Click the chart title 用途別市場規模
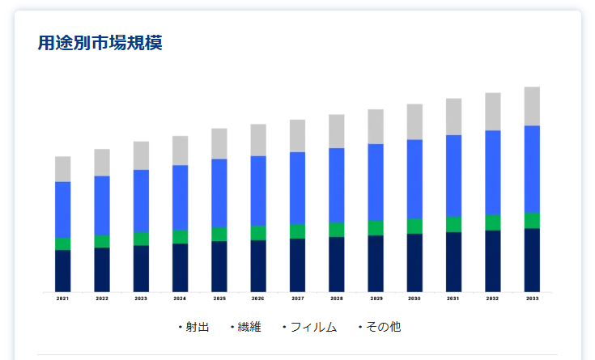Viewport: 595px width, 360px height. tap(100, 43)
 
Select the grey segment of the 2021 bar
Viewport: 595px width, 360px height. tap(63, 169)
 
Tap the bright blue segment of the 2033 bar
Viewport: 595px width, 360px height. tap(532, 169)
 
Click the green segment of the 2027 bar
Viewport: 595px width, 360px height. tap(297, 231)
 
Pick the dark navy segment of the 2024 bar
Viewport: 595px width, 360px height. tap(181, 267)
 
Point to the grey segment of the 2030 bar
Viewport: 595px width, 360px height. tap(414, 121)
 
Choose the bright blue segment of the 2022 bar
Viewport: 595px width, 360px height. tap(102, 205)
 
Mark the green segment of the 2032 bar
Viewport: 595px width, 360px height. tap(493, 222)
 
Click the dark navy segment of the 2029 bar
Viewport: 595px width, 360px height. tap(376, 263)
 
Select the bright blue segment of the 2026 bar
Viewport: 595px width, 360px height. tap(258, 191)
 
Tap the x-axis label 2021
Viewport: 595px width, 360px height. tap(63, 299)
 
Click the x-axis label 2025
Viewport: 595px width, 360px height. tap(219, 299)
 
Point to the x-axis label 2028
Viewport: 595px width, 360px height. tap(337, 299)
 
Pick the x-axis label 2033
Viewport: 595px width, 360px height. tap(532, 299)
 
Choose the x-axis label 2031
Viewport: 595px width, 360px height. tap(454, 299)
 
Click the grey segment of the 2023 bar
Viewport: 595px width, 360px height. tap(142, 155)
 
